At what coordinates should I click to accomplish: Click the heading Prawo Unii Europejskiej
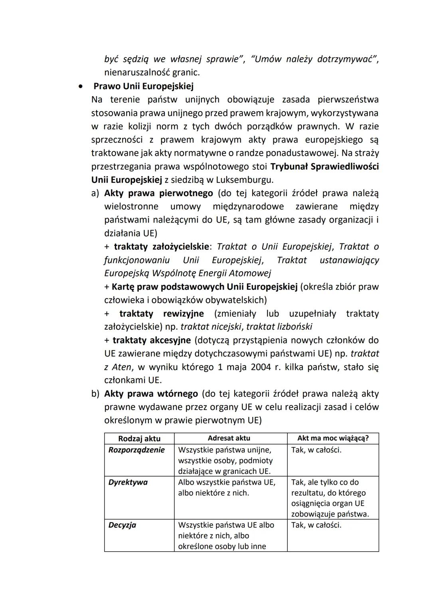tap(143, 86)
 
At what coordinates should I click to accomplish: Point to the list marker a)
tap(95, 193)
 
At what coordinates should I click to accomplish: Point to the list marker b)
tap(95, 394)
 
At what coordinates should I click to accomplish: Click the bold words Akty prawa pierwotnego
tap(158, 193)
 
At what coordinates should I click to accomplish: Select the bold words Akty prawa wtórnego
tap(151, 394)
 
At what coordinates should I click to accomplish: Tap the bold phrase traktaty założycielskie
tap(161, 247)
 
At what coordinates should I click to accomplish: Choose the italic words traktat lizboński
tap(279, 327)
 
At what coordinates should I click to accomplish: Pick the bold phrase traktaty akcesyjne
tap(152, 340)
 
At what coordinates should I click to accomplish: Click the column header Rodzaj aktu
tap(139, 439)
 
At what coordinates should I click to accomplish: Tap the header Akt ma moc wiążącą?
tap(333, 438)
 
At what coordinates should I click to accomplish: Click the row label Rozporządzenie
tap(136, 450)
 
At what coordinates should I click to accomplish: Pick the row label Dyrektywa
tap(128, 482)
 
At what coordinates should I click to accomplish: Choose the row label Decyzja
tap(122, 525)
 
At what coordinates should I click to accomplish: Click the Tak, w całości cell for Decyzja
tap(316, 525)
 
